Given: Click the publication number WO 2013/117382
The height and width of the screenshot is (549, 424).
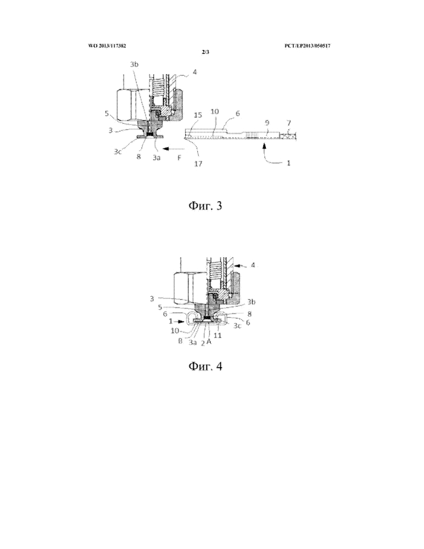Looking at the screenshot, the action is coord(107,46).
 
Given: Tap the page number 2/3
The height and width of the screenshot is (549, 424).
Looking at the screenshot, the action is coord(205,53).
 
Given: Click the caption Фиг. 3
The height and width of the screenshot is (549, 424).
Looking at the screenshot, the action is coord(205,206).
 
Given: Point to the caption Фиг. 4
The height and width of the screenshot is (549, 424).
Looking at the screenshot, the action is coord(205,366).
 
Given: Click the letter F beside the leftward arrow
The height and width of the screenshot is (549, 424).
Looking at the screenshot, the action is coord(178,158).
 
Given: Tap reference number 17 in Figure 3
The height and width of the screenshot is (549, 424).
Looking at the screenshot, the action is coord(198,163).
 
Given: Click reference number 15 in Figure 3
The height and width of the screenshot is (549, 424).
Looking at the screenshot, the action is coord(198,115).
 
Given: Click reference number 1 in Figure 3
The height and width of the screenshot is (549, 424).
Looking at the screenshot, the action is coord(288,163).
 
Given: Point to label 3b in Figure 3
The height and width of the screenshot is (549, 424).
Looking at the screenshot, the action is coord(134,64).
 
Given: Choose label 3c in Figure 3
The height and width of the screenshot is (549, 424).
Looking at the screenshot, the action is coord(117,152).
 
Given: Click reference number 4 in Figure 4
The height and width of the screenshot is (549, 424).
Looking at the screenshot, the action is coord(253,265).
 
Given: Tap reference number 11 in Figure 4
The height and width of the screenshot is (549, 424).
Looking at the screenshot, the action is coord(217,335).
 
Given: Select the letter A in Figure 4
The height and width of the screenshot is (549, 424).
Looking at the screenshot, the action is coord(209,341).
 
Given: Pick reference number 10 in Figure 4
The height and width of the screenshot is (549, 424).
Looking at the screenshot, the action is coord(175,330).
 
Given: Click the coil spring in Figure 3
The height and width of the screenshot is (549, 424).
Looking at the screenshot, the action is coord(157,88).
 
